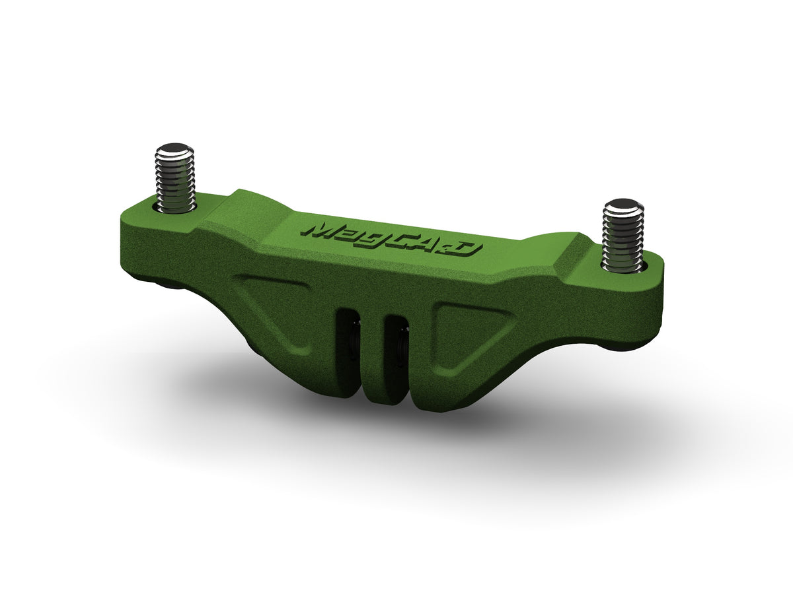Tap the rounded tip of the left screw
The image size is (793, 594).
click(x=174, y=148)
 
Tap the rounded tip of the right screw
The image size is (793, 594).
click(x=623, y=206)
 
